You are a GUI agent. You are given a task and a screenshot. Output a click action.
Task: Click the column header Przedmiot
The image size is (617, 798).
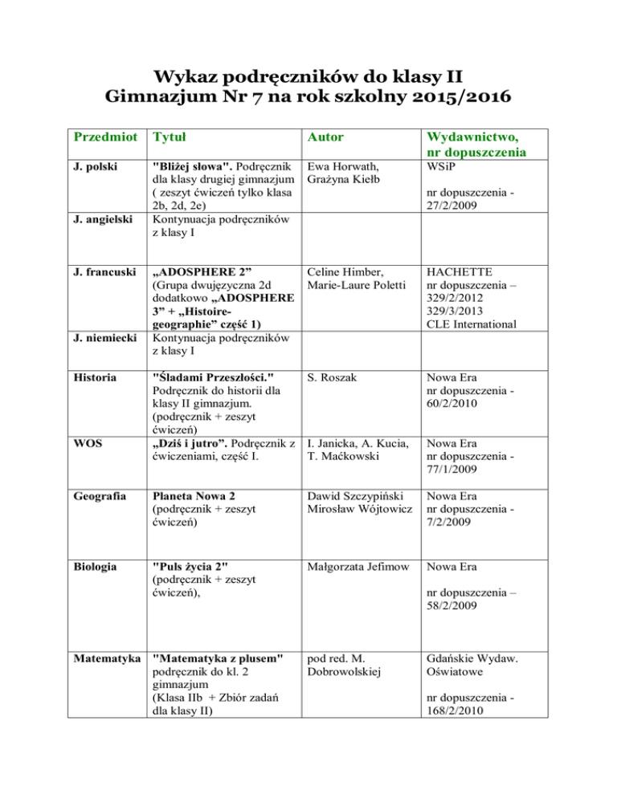click(x=96, y=140)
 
